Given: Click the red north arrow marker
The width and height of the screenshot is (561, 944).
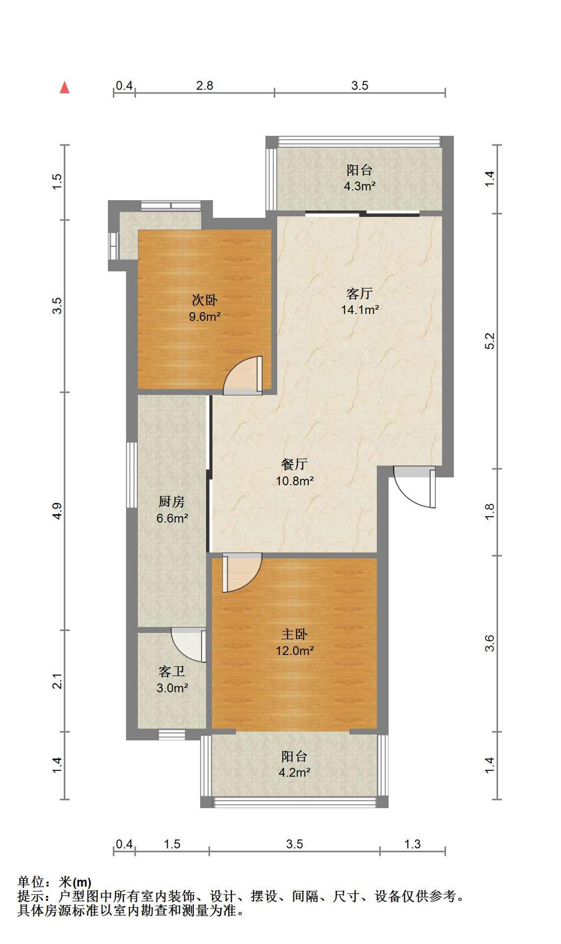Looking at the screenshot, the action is (x=64, y=87).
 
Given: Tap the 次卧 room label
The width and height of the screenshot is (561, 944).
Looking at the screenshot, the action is (x=205, y=300).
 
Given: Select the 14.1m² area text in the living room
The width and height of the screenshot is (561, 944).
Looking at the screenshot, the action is (x=360, y=310).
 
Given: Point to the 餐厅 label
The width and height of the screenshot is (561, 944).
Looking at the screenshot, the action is (x=295, y=464).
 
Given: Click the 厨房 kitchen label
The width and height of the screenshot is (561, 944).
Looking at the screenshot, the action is (x=172, y=501).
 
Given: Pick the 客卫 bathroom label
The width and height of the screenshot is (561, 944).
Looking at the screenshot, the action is (x=172, y=671).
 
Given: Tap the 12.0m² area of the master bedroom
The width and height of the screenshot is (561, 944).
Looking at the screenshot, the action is (x=295, y=650).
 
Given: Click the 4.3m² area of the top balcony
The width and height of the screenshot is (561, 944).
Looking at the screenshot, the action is (x=360, y=186).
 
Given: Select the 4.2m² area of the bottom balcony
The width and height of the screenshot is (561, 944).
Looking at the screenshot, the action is (x=295, y=772).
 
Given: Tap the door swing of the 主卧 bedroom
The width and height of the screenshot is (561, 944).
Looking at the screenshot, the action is (x=242, y=573).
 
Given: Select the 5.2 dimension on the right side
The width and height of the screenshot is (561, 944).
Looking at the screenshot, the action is (x=489, y=341).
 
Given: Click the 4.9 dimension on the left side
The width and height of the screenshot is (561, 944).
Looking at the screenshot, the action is (x=58, y=511).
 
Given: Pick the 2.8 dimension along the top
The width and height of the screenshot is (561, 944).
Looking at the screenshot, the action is (x=205, y=86).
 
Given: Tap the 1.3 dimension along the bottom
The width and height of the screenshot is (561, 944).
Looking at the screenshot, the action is (x=413, y=844).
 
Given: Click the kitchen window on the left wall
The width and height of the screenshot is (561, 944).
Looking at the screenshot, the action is (x=131, y=474).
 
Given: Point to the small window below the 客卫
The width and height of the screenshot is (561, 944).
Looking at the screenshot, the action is (x=172, y=735).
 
